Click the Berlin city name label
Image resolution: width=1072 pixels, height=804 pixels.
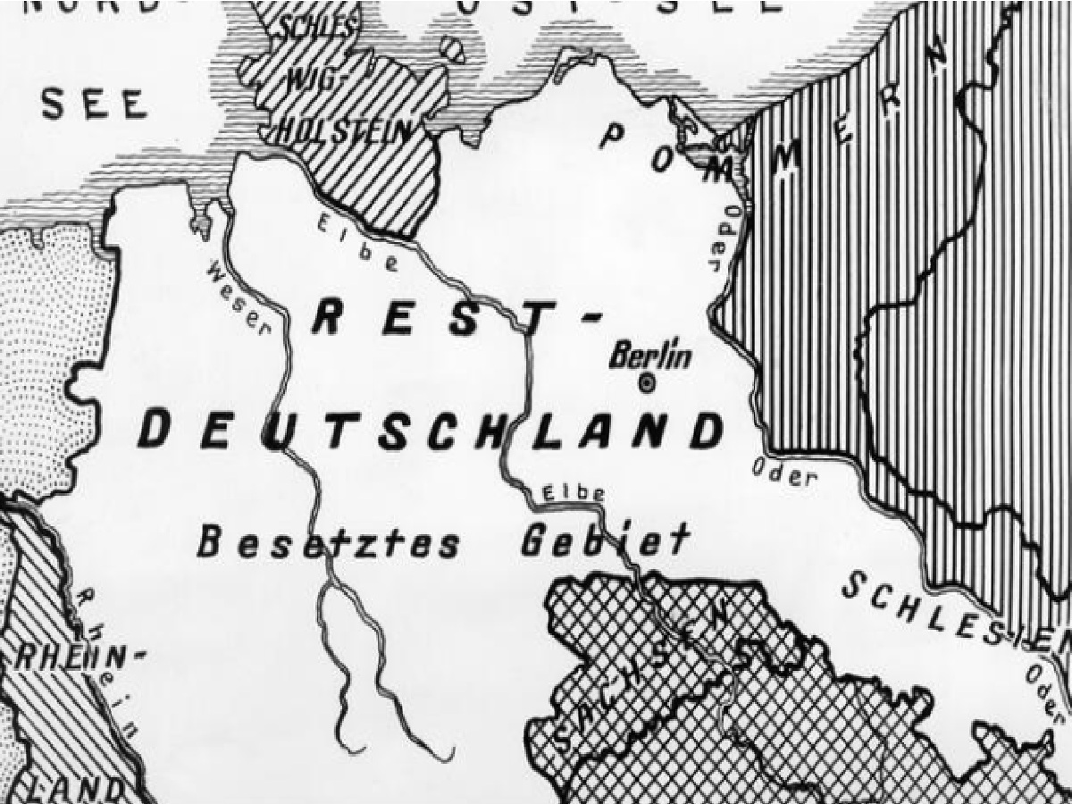pyautogui.click(x=650, y=356)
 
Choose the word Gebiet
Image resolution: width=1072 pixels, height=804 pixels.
pyautogui.click(x=605, y=540)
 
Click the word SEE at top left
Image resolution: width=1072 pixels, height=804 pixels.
pyautogui.click(x=94, y=105)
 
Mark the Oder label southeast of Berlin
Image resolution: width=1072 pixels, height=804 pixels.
pyautogui.click(x=784, y=473)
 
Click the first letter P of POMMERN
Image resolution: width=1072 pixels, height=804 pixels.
pyautogui.click(x=613, y=135)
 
